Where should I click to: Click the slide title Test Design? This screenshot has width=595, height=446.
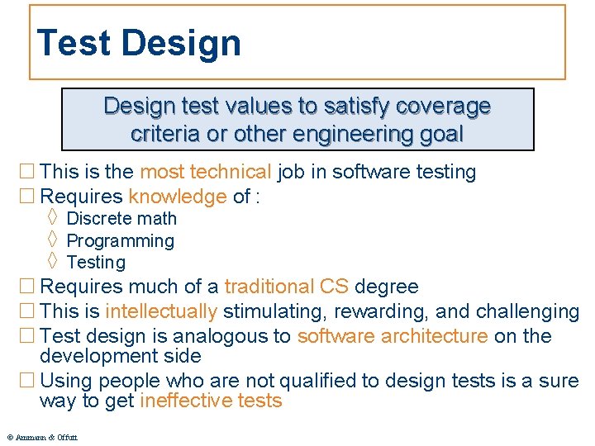(x=139, y=43)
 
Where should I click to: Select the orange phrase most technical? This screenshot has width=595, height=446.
(x=205, y=172)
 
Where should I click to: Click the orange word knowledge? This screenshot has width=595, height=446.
(x=177, y=197)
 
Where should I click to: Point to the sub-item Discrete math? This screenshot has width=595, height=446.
(x=121, y=219)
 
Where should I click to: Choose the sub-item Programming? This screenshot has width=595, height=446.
(x=120, y=241)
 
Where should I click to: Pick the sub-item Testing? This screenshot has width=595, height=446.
(x=96, y=263)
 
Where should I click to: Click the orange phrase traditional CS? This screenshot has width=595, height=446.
(x=286, y=287)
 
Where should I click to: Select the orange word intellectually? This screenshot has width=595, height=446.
(x=161, y=312)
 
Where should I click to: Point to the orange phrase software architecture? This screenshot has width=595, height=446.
(x=393, y=336)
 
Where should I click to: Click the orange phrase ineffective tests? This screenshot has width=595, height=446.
(x=211, y=402)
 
